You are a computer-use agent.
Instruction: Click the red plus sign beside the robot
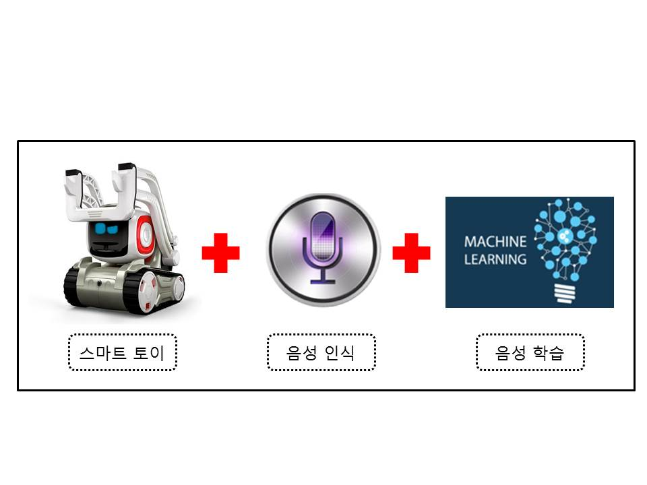point(220,253)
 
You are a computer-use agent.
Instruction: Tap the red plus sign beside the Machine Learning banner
point(411,253)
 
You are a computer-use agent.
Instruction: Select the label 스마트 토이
point(122,352)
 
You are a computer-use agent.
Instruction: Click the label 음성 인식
point(321,352)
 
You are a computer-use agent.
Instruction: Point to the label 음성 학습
point(530,352)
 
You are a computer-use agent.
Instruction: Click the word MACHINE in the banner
point(495,242)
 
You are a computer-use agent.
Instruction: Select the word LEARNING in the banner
point(495,259)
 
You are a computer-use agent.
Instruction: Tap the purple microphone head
point(322,236)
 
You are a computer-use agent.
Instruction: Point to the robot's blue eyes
point(106,228)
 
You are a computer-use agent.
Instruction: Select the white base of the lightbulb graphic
point(565,293)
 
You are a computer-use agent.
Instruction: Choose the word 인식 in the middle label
point(339,353)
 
